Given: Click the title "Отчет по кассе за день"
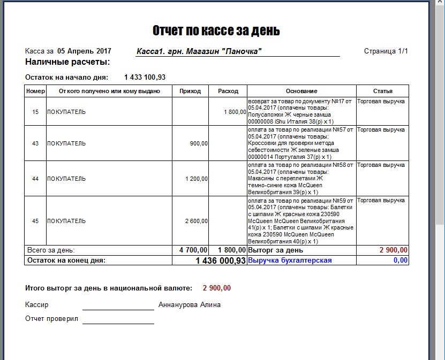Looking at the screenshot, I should (x=216, y=30).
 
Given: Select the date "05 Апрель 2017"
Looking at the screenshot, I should (x=84, y=51).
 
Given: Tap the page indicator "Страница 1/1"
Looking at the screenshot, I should (x=386, y=51).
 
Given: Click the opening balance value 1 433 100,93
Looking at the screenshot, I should (x=145, y=78).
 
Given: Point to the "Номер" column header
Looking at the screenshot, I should (x=35, y=91).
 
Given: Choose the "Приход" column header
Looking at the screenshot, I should (x=190, y=91).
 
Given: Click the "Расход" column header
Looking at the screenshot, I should (x=228, y=91).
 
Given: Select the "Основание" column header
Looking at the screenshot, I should (x=301, y=91).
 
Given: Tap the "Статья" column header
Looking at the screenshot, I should (x=382, y=91).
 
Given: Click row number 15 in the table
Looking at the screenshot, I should (x=35, y=112).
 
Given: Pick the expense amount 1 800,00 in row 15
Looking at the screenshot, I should (x=235, y=112).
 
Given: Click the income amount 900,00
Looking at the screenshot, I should (x=199, y=143).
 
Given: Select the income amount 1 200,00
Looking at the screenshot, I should (x=197, y=179).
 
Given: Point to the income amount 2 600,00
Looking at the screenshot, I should (x=197, y=221).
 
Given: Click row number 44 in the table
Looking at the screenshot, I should (x=35, y=179).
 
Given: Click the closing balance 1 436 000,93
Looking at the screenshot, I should (x=221, y=261).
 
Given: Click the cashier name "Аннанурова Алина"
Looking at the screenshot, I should (x=190, y=305).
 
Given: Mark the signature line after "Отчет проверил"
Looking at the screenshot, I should (x=118, y=323).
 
